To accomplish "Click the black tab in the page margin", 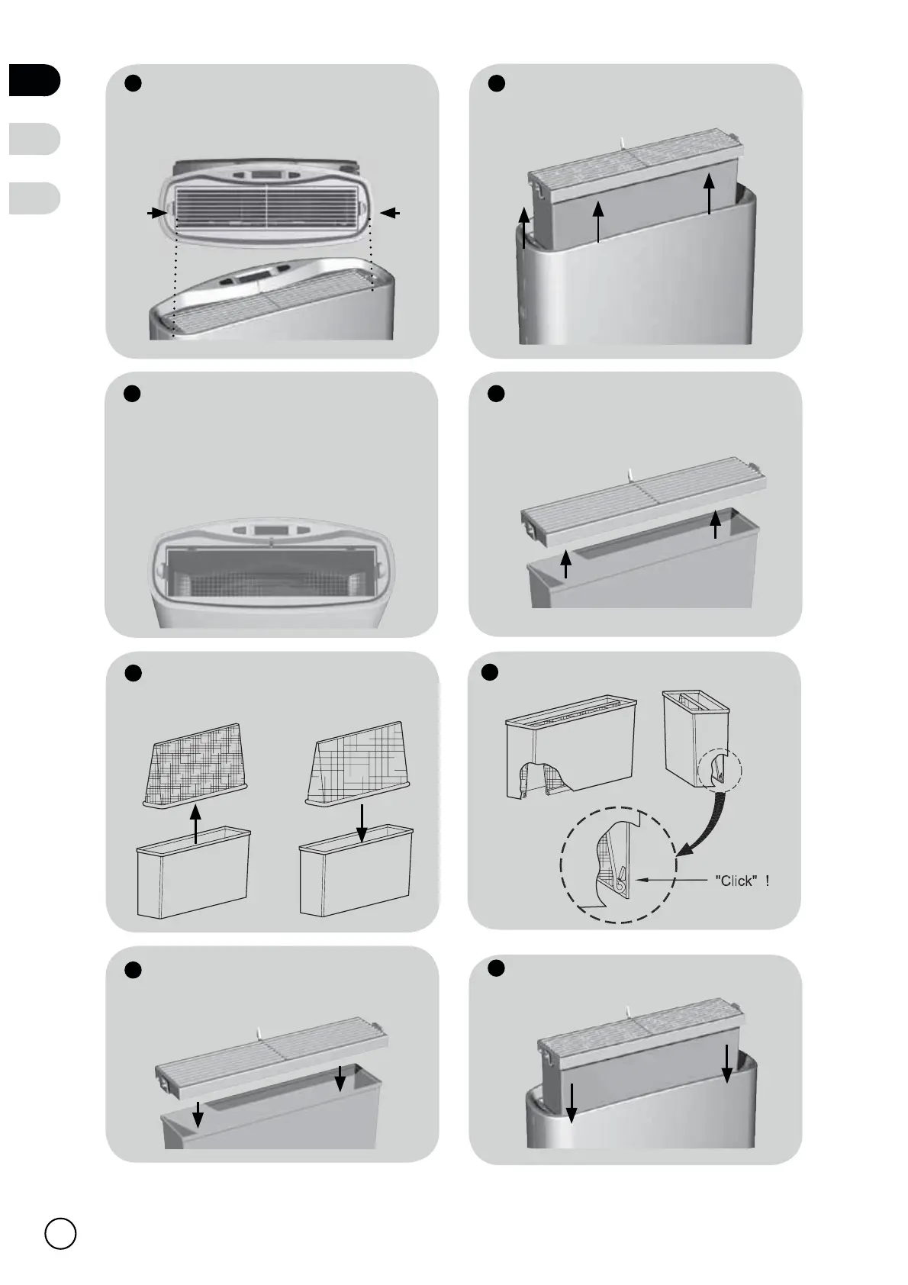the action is click(x=34, y=79).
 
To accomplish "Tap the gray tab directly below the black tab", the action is click(x=34, y=139).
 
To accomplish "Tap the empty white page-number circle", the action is click(x=60, y=1233).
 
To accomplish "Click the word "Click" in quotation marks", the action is click(x=736, y=881).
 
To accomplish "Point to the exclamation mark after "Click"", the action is click(x=768, y=881).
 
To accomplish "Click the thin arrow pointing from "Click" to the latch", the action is click(x=671, y=879).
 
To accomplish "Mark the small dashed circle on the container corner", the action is click(x=720, y=771).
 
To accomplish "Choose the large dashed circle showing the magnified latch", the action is click(x=618, y=865).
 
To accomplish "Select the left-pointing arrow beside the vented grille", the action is click(x=390, y=213).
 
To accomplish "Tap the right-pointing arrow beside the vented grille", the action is click(x=157, y=213).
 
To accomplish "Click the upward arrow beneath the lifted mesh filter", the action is click(x=195, y=824).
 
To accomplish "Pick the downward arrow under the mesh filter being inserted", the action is click(x=362, y=823).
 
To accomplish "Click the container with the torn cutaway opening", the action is click(x=571, y=748).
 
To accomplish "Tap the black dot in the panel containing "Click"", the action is click(x=489, y=672).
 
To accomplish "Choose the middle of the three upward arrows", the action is click(x=598, y=221).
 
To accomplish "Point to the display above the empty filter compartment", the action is click(x=270, y=530).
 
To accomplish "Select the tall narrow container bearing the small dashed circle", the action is click(x=697, y=739).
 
